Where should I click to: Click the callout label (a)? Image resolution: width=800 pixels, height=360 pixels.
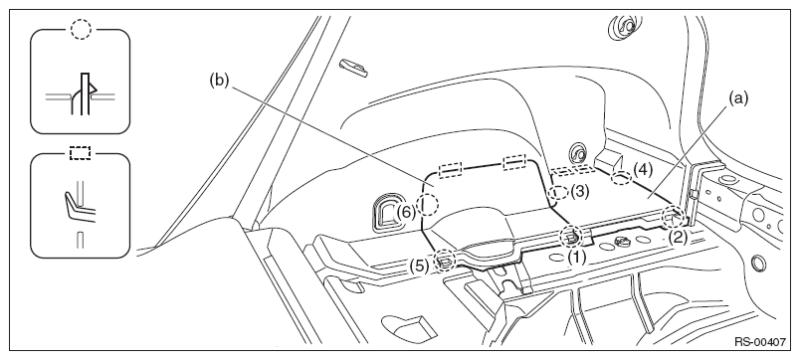pos(737,98)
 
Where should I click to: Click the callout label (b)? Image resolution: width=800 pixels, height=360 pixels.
pos(219,81)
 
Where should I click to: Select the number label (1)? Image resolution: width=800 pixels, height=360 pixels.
pos(577,258)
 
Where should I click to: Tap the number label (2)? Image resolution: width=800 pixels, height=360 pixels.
pos(679,237)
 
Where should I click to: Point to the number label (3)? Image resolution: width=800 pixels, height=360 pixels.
pos(579,192)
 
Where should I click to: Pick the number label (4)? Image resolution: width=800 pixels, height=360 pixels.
pos(643,169)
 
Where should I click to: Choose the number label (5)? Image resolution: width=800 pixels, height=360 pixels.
pos(419,266)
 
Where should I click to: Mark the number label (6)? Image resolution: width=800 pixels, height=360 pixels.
pos(407,211)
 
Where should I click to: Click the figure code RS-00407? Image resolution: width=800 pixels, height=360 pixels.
pos(760,342)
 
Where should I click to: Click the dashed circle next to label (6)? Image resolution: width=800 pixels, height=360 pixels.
pos(428,205)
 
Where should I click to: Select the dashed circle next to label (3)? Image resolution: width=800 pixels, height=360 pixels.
pos(558,192)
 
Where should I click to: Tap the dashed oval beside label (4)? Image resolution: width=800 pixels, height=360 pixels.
pos(622,177)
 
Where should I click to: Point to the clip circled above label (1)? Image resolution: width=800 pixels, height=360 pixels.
pos(570,236)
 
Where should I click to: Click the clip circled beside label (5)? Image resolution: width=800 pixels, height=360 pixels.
pos(445,261)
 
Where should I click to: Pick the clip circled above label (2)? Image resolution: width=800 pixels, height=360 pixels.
pos(673,217)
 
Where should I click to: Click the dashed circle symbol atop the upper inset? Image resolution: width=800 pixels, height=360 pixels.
pos(81,30)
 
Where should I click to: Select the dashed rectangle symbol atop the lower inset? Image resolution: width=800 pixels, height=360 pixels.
pos(81,153)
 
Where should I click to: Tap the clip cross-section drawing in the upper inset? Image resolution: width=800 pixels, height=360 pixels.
pos(81,94)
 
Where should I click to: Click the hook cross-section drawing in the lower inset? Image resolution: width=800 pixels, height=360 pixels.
pos(80,209)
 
